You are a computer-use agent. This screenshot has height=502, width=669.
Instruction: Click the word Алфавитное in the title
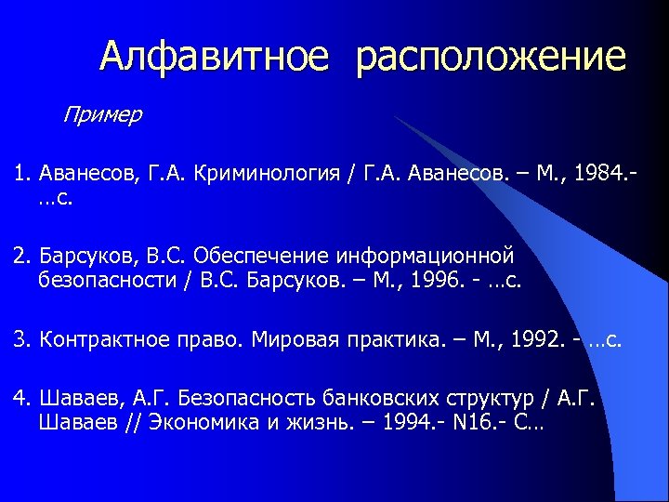tap(214, 57)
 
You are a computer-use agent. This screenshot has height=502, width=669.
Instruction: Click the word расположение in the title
tap(491, 57)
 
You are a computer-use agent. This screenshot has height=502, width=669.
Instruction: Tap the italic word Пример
tap(102, 115)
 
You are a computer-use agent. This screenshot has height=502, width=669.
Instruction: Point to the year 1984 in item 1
tap(597, 175)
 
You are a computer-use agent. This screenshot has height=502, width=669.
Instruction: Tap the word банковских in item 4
tap(373, 398)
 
